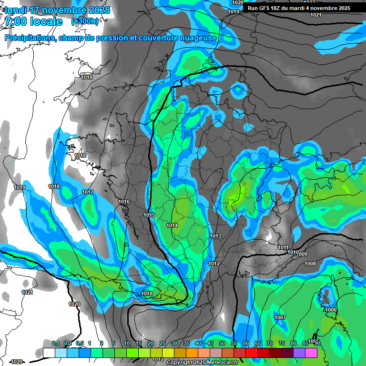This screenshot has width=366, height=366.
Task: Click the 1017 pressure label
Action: (87, 192)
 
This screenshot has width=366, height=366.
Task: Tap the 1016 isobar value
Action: (124, 202)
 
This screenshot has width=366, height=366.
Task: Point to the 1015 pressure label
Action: (149, 215)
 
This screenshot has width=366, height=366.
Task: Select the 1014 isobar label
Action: (173, 225)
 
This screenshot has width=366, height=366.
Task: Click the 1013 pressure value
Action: (215, 236)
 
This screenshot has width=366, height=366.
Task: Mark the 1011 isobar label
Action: (283, 247)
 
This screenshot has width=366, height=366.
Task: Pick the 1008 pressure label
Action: (310, 264)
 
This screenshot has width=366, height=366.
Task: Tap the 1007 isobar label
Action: (280, 317)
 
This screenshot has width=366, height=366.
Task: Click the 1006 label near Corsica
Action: (331, 310)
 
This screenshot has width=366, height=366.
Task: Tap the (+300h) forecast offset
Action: (85, 21)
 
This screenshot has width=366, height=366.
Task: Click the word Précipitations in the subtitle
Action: (30, 38)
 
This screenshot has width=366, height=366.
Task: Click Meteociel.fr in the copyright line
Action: (220, 363)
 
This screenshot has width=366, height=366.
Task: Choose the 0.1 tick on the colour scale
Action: (55, 343)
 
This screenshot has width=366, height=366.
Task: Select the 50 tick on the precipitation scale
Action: (222, 343)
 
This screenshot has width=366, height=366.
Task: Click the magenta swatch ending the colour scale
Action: (311, 352)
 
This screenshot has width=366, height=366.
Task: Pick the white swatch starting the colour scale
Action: (49, 352)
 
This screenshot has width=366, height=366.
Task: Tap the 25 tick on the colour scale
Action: (163, 343)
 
